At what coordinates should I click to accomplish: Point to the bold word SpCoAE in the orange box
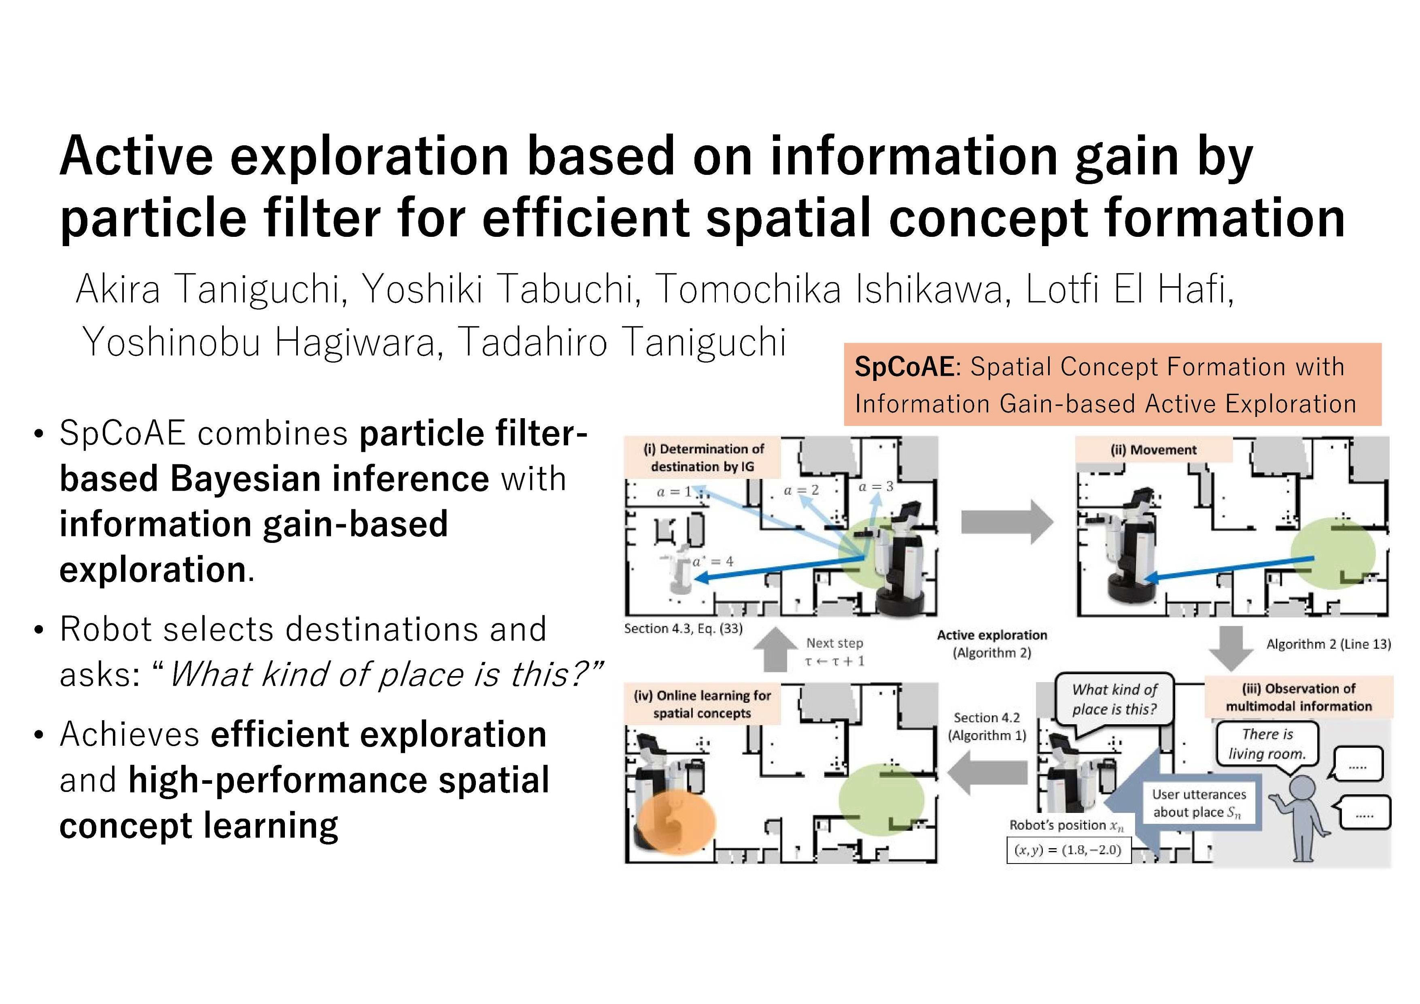point(904,367)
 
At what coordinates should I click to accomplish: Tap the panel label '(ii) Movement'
point(1153,450)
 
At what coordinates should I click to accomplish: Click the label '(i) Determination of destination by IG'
point(702,458)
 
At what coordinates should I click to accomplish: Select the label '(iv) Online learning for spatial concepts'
point(702,704)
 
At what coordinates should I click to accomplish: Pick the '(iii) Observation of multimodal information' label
point(1298,697)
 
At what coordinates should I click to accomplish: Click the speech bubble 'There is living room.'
point(1267,744)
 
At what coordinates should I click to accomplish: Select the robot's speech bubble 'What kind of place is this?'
point(1114,699)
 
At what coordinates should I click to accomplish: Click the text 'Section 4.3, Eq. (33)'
point(683,628)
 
